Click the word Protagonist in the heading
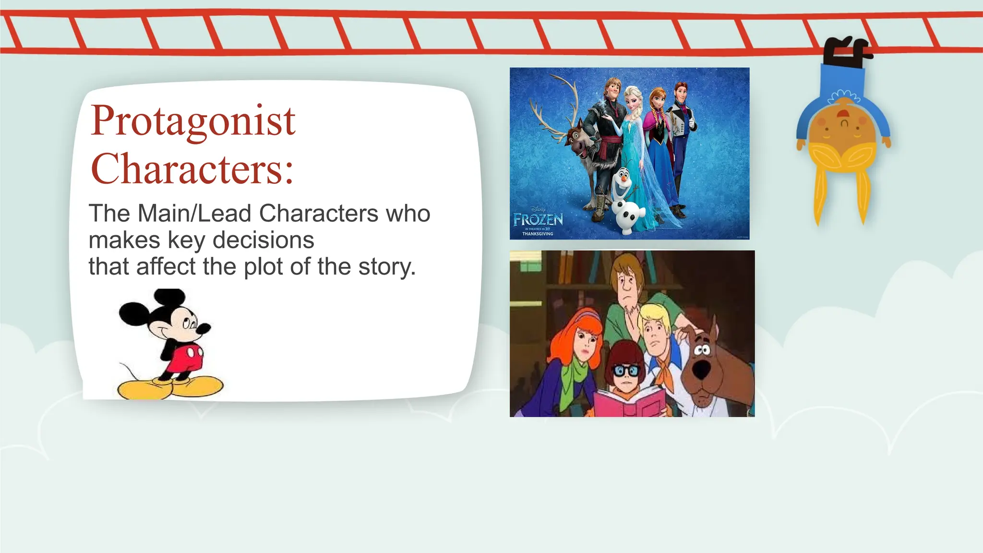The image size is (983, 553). pos(192,121)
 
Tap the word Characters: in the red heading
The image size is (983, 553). pos(192,169)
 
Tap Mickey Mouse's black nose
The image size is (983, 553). pos(205,329)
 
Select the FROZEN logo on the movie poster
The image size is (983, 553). pos(538,220)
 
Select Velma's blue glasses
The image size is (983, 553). pos(627,371)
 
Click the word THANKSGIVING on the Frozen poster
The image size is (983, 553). pos(538,234)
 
